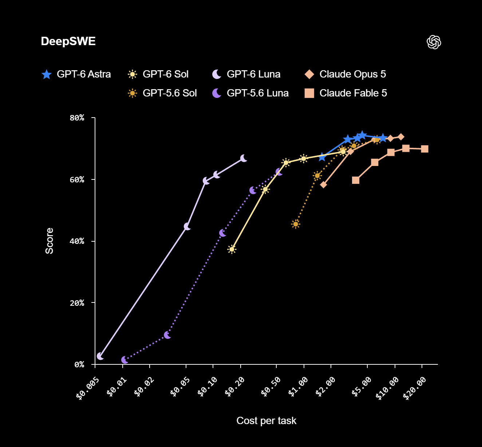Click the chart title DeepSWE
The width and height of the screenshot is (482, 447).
click(x=68, y=41)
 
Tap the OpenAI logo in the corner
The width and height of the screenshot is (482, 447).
click(x=434, y=42)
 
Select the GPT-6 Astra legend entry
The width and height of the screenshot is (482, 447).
click(x=76, y=74)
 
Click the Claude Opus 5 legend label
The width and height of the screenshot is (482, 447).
click(x=353, y=74)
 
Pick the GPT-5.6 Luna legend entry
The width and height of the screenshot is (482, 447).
click(x=250, y=93)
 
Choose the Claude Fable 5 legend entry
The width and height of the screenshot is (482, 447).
click(x=345, y=93)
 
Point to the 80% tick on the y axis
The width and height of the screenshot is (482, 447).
click(x=77, y=118)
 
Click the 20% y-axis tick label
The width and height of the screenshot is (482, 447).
click(x=77, y=303)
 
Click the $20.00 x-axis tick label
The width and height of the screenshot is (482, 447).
click(x=414, y=388)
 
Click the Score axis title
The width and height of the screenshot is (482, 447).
click(x=50, y=241)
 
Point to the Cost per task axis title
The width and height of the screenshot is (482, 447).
click(x=266, y=420)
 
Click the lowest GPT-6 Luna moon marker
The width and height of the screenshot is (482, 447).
click(x=100, y=356)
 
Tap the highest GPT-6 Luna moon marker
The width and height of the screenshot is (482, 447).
click(x=244, y=158)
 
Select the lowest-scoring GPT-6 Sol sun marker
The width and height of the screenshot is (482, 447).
click(x=232, y=249)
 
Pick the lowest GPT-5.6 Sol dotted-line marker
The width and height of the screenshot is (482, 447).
click(x=296, y=224)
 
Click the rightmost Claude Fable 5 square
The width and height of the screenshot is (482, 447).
click(x=424, y=149)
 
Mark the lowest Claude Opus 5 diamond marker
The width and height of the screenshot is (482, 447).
click(x=323, y=185)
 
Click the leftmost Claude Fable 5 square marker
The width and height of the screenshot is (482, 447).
click(x=356, y=180)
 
